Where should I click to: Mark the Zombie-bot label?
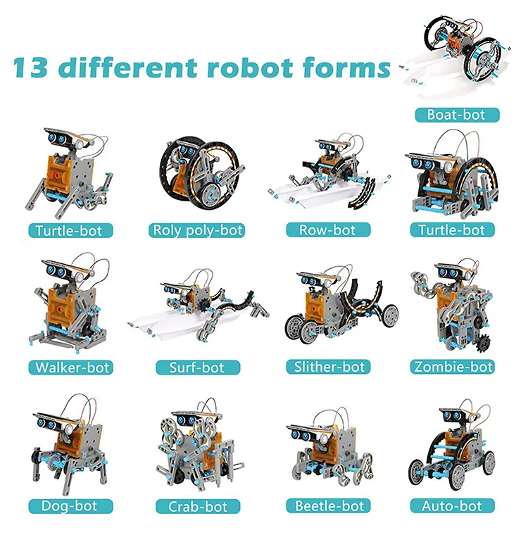(453, 367)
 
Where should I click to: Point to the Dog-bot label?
(68, 505)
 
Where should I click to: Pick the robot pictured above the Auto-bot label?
(451, 451)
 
